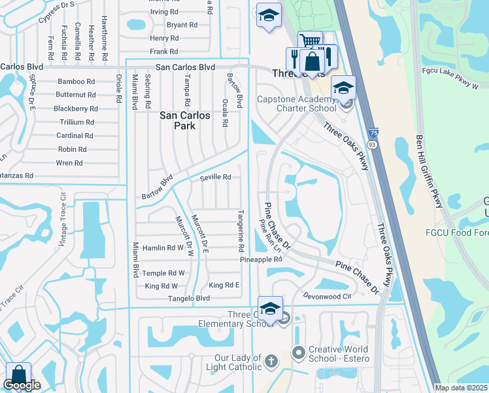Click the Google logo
[22, 385]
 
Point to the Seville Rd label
[216, 178]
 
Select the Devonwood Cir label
[328, 296]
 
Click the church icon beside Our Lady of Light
[271, 360]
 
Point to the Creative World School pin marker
[299, 352]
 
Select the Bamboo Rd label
[76, 81]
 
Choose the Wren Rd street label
[69, 163]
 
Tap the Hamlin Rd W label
[163, 248]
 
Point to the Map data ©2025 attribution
[460, 388]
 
